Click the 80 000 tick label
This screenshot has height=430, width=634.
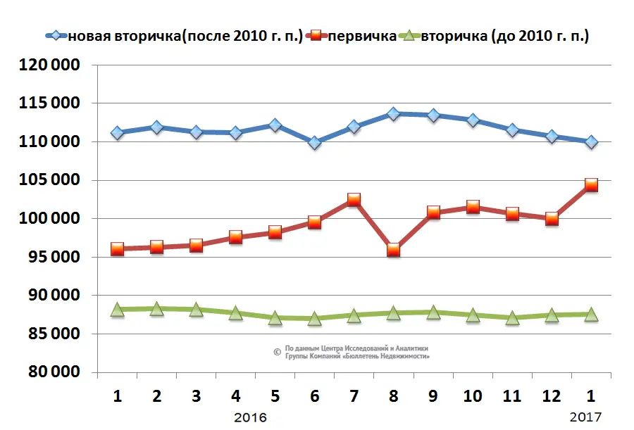(50, 373)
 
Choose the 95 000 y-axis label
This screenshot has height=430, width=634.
(50, 258)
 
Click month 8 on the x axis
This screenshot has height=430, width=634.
(393, 396)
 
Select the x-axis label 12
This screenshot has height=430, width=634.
(552, 396)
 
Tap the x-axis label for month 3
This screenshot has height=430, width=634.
(196, 396)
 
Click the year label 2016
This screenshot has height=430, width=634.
(250, 417)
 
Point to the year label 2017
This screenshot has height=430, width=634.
(585, 417)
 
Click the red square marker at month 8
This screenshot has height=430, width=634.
(393, 250)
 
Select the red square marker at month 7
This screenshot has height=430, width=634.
(354, 200)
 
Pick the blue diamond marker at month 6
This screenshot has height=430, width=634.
(314, 143)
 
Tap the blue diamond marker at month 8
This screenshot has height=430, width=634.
(393, 113)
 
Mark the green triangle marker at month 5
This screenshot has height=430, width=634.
(275, 318)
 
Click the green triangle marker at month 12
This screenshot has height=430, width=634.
(552, 315)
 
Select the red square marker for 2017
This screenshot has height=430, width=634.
(591, 185)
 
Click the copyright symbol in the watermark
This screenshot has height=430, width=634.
(277, 352)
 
